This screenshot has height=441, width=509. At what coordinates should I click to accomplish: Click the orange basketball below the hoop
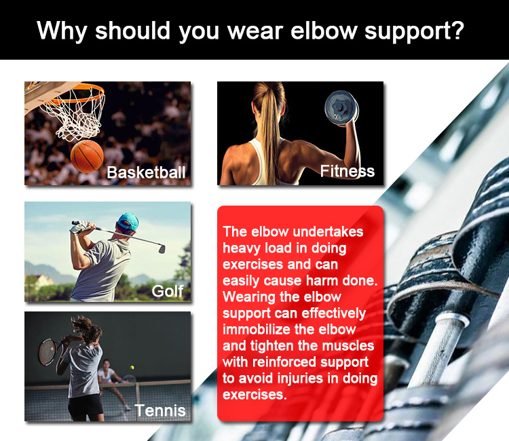(87, 157)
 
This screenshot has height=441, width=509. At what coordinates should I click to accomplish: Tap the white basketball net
(75, 113)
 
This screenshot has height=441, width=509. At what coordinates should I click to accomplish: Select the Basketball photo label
(146, 172)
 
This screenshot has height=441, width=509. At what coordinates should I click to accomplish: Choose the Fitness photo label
(347, 171)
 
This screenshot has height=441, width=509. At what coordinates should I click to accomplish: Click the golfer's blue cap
(128, 221)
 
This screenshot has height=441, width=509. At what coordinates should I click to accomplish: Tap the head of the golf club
(162, 248)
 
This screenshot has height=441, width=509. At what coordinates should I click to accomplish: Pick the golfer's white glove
(78, 227)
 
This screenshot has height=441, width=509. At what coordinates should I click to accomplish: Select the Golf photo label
(168, 291)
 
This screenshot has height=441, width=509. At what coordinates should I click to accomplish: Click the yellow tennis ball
(132, 368)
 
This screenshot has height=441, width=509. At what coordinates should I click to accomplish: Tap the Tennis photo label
(160, 410)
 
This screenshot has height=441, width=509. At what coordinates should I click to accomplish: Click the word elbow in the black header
(324, 31)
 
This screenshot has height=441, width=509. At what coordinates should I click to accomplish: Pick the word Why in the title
(62, 31)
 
